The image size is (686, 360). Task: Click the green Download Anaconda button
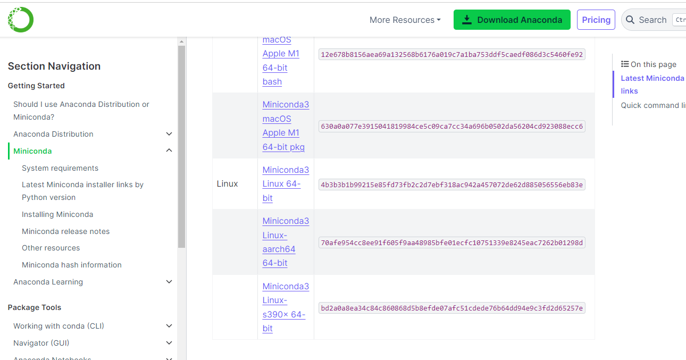pyautogui.click(x=512, y=20)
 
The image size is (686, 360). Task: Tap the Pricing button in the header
pyautogui.click(x=596, y=20)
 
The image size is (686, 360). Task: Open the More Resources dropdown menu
pyautogui.click(x=405, y=20)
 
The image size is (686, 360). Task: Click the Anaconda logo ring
pyautogui.click(x=21, y=20)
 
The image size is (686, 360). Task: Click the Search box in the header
pyautogui.click(x=652, y=20)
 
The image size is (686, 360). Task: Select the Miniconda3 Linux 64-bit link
pyautogui.click(x=285, y=184)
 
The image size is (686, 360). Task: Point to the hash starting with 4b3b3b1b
pyautogui.click(x=451, y=185)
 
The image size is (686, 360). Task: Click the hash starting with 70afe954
pyautogui.click(x=451, y=243)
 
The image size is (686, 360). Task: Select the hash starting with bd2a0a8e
pyautogui.click(x=451, y=308)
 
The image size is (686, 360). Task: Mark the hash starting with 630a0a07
pyautogui.click(x=451, y=127)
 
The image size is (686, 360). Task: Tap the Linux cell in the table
pyautogui.click(x=228, y=184)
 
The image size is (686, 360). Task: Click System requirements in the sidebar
pyautogui.click(x=60, y=168)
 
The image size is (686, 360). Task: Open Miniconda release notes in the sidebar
pyautogui.click(x=65, y=231)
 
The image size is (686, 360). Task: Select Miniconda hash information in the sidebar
pyautogui.click(x=71, y=265)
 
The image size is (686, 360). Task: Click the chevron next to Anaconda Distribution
pyautogui.click(x=169, y=134)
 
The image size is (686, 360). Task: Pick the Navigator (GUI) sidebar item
pyautogui.click(x=41, y=343)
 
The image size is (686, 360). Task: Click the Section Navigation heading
pyautogui.click(x=54, y=66)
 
